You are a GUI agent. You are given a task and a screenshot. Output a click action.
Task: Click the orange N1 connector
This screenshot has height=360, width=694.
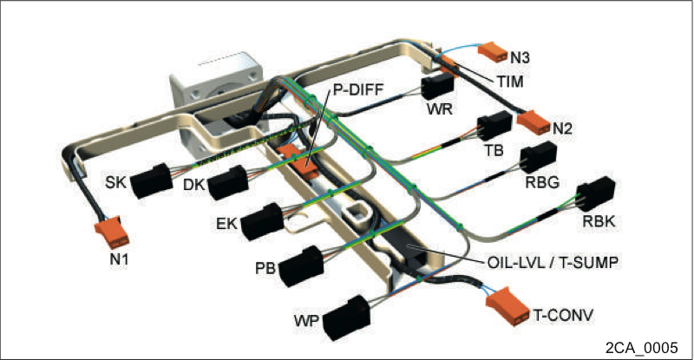(112, 232)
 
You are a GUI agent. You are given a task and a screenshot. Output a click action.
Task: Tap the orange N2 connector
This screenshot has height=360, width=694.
(534, 121)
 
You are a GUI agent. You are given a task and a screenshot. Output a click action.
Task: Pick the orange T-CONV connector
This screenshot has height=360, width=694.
(507, 305)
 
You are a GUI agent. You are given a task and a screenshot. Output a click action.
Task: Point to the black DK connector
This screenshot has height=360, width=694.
(227, 182)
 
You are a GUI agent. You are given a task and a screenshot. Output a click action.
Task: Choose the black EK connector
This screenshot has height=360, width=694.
(263, 221)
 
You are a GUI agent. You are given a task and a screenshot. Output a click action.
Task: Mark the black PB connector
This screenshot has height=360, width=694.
(301, 265)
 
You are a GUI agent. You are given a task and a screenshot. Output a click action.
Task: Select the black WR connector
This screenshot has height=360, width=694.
(438, 86)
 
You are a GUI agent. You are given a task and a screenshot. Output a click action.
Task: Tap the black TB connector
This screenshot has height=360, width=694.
(494, 125)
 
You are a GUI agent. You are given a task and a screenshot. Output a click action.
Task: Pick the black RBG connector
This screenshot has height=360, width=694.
(538, 157)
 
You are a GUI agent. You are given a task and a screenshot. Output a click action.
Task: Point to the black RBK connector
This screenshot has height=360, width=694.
(596, 194)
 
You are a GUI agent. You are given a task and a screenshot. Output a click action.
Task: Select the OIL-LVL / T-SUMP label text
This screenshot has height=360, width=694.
(553, 262)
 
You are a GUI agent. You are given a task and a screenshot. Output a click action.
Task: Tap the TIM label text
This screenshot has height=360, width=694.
(510, 82)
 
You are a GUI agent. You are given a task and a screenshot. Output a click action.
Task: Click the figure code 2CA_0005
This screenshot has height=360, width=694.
(641, 347)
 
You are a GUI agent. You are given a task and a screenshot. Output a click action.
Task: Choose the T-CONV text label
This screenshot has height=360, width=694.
(563, 316)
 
